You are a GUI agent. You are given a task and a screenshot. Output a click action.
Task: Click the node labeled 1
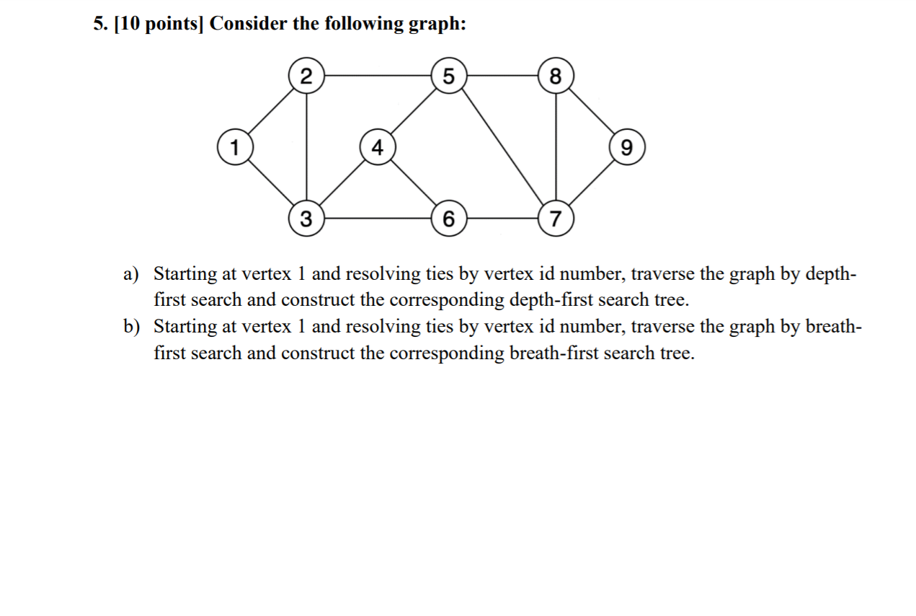234,148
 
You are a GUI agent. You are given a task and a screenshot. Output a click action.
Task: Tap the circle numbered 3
306,219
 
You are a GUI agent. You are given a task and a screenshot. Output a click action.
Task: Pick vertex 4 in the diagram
376,148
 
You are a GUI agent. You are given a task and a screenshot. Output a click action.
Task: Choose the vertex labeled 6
448,219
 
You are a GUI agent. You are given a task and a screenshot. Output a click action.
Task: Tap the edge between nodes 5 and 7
502,146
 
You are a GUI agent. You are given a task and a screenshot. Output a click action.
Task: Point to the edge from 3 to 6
377,219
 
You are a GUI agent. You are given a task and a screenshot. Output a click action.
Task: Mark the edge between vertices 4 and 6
412,183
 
